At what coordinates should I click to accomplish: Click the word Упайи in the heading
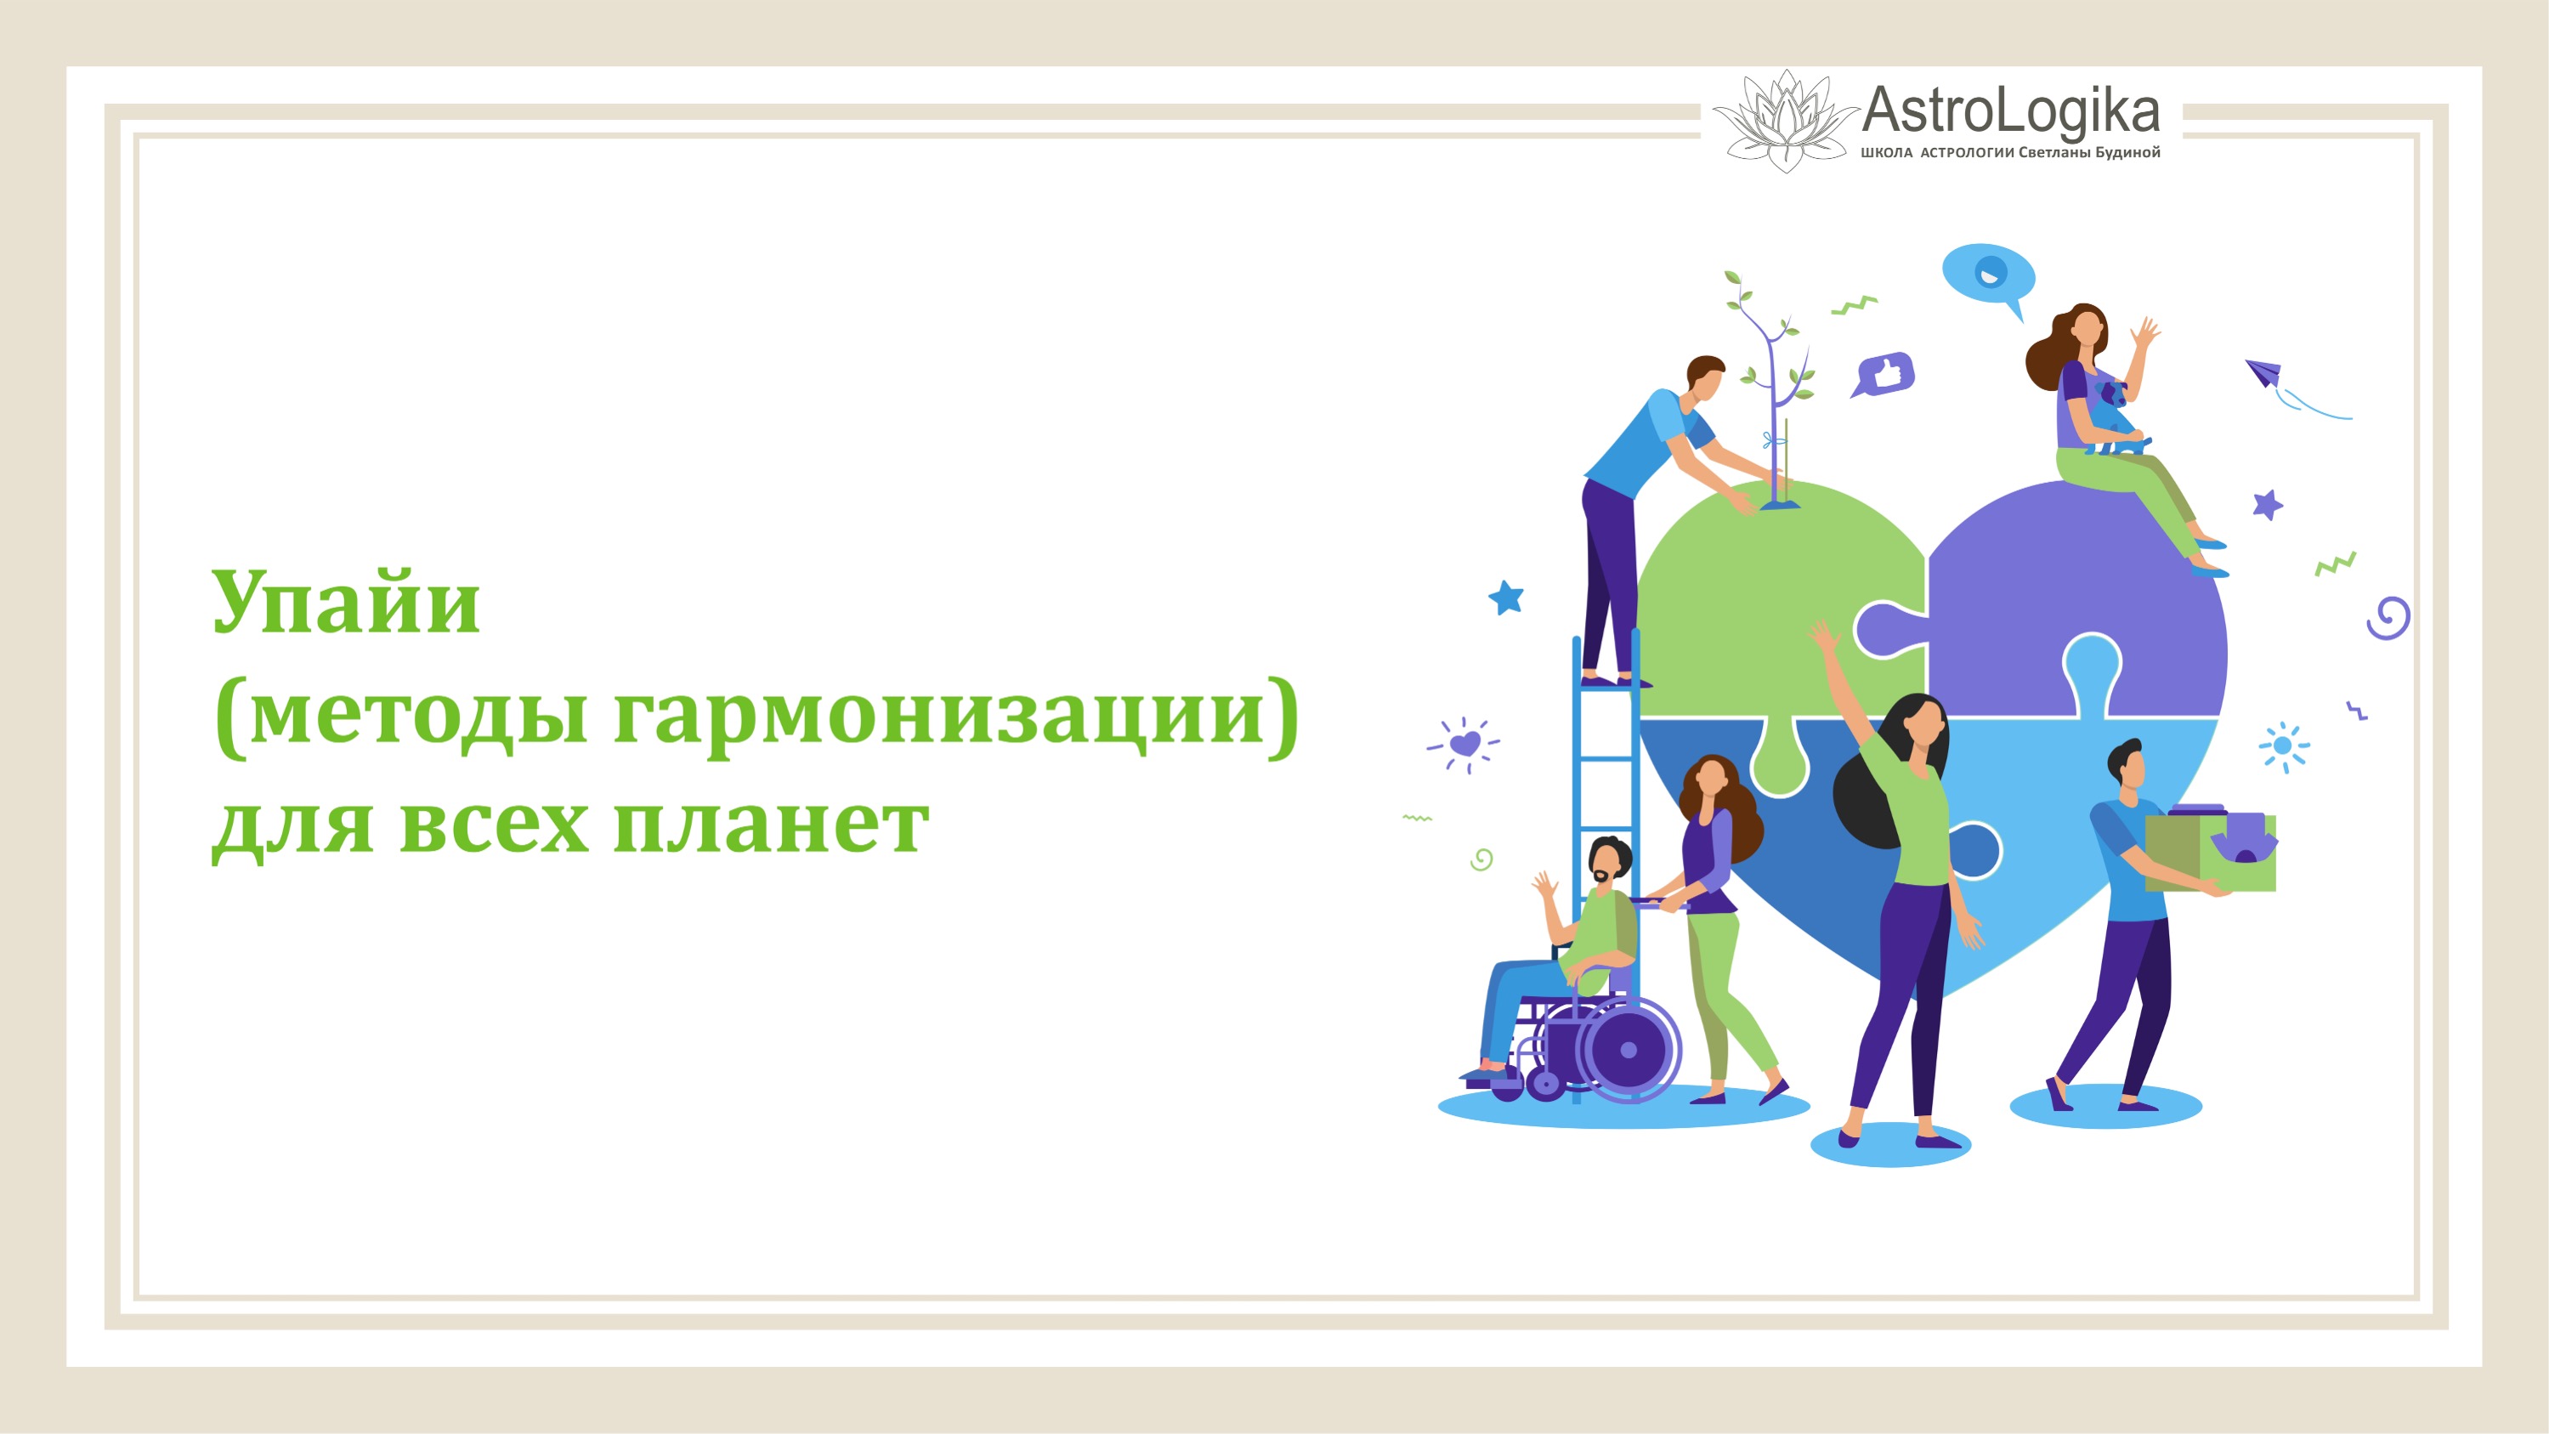click(x=346, y=603)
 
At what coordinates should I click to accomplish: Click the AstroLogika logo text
click(x=2010, y=110)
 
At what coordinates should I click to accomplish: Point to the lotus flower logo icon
click(x=1785, y=121)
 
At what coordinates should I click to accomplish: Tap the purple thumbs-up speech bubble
click(x=1884, y=375)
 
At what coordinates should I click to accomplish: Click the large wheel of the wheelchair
click(x=1627, y=1050)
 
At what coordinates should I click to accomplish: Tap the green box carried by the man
click(x=2211, y=851)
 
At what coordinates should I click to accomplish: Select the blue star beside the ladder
click(x=1506, y=598)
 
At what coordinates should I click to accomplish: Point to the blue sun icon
click(x=2284, y=746)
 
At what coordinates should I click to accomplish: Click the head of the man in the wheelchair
click(x=1610, y=861)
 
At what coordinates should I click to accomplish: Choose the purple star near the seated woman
click(x=2267, y=505)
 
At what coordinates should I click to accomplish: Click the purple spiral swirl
click(x=2388, y=619)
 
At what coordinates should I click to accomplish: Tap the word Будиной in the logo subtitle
click(x=2127, y=152)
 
